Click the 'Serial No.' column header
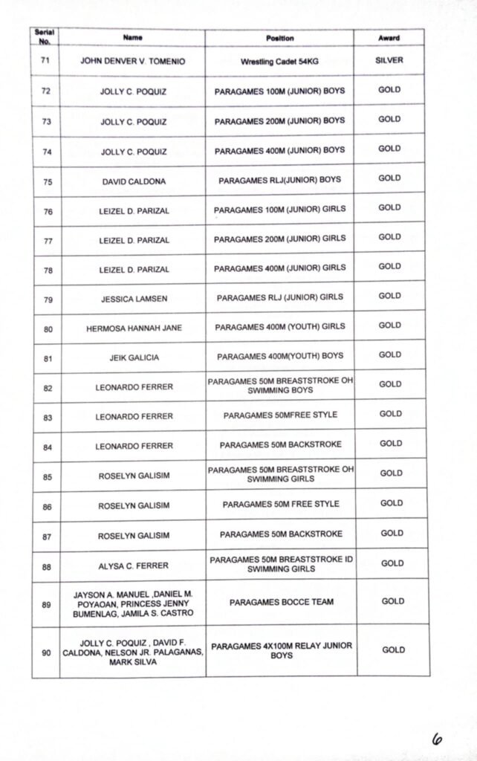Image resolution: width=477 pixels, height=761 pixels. click(45, 36)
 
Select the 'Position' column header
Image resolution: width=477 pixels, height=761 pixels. click(279, 38)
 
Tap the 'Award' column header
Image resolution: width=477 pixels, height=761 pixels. click(389, 38)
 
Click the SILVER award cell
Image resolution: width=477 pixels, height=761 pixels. click(389, 60)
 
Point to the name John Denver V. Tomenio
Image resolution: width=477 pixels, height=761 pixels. click(134, 62)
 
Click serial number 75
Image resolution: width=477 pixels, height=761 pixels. click(48, 181)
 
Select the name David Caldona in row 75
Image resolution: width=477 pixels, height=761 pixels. click(134, 181)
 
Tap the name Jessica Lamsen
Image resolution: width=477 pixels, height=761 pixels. click(134, 299)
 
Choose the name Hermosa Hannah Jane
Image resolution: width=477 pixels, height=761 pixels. click(134, 328)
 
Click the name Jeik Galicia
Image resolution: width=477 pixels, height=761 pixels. click(134, 357)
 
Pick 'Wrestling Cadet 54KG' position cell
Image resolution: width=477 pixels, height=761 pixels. click(279, 62)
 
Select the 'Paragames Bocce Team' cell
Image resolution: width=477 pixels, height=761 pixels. click(281, 602)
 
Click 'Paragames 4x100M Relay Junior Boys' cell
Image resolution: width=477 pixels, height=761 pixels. click(281, 651)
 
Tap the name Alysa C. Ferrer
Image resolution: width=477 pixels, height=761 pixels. click(134, 566)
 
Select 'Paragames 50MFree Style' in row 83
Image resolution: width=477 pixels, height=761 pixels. click(280, 415)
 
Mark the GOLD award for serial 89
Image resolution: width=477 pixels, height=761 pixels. click(392, 601)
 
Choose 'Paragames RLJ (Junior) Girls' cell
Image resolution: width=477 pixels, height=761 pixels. click(280, 297)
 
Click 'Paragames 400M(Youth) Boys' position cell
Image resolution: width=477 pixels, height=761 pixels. click(280, 356)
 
